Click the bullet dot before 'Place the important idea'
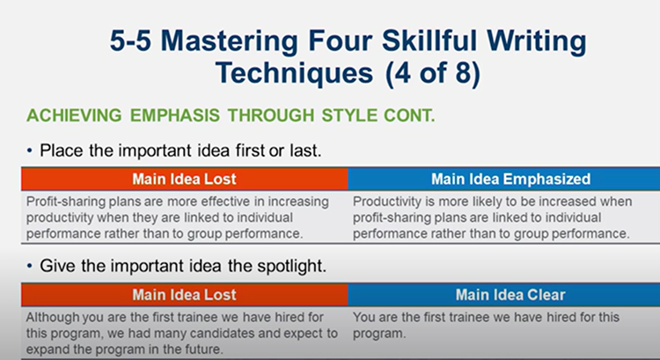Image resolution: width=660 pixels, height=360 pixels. click(x=32, y=151)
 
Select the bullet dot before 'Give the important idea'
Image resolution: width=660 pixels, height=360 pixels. click(x=32, y=265)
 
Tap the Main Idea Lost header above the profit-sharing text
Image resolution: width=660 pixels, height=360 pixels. click(x=184, y=179)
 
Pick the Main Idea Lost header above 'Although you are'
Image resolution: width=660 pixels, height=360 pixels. click(x=184, y=295)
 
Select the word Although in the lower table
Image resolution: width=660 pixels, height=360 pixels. click(x=53, y=317)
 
